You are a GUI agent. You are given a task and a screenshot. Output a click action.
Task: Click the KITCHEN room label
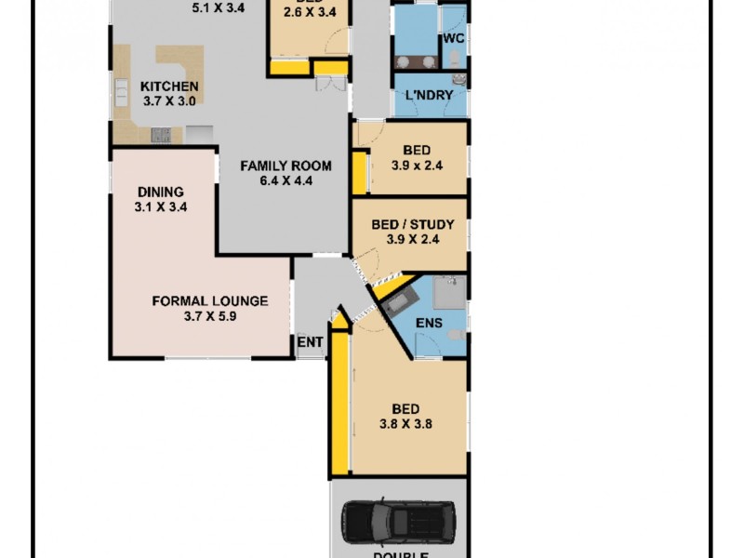tap(168, 86)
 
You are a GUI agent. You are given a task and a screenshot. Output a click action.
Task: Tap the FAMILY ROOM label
tap(286, 166)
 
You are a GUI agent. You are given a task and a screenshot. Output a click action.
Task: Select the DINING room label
tap(161, 193)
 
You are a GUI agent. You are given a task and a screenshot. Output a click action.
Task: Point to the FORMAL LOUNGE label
tap(210, 300)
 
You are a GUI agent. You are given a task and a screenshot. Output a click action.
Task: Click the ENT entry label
tap(310, 342)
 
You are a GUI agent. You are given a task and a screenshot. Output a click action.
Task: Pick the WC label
tap(453, 38)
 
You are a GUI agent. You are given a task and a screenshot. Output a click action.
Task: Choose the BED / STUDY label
tap(412, 224)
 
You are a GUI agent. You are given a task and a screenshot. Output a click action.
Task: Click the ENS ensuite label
tap(428, 323)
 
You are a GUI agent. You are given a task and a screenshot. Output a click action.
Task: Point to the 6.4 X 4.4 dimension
tap(286, 181)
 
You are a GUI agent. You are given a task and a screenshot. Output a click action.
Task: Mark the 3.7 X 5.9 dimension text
tap(210, 316)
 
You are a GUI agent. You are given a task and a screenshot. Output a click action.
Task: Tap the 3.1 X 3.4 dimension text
tap(161, 207)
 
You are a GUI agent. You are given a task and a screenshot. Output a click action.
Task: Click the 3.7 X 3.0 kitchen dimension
tap(168, 101)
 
